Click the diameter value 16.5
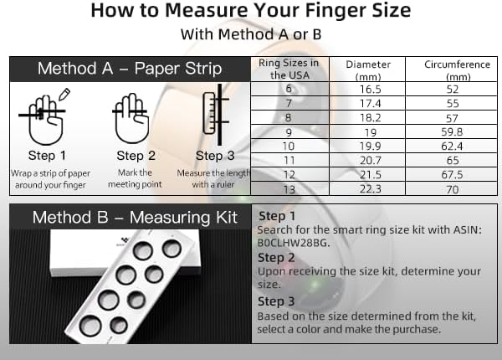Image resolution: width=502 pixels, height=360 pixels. point(370,89)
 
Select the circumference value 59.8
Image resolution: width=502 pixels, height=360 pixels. point(452,132)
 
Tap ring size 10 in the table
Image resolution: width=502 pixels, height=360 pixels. point(289,147)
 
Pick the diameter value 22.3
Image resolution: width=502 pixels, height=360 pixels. point(371,189)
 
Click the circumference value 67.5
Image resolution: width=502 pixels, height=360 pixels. point(452,175)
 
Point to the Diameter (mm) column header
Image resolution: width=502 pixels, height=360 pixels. point(368,70)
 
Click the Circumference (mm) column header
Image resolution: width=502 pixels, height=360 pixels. point(457,70)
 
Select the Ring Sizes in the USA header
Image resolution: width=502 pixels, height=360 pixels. point(289,69)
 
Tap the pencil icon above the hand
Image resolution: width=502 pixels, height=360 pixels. point(64,94)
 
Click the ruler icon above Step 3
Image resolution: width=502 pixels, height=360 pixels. point(209,113)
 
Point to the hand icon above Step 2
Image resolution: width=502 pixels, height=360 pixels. point(131,119)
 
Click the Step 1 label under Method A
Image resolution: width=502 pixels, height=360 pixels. point(47,156)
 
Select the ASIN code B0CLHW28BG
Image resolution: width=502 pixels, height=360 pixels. point(294,243)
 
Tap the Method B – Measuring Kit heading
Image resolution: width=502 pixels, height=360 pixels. point(135,218)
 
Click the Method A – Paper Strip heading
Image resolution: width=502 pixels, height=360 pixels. point(130,69)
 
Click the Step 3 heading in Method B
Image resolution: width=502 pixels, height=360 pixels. point(276,301)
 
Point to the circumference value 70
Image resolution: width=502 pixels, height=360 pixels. point(453,189)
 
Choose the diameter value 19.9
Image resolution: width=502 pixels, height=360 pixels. point(370,147)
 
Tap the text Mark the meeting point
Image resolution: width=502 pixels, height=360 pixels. point(135,178)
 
